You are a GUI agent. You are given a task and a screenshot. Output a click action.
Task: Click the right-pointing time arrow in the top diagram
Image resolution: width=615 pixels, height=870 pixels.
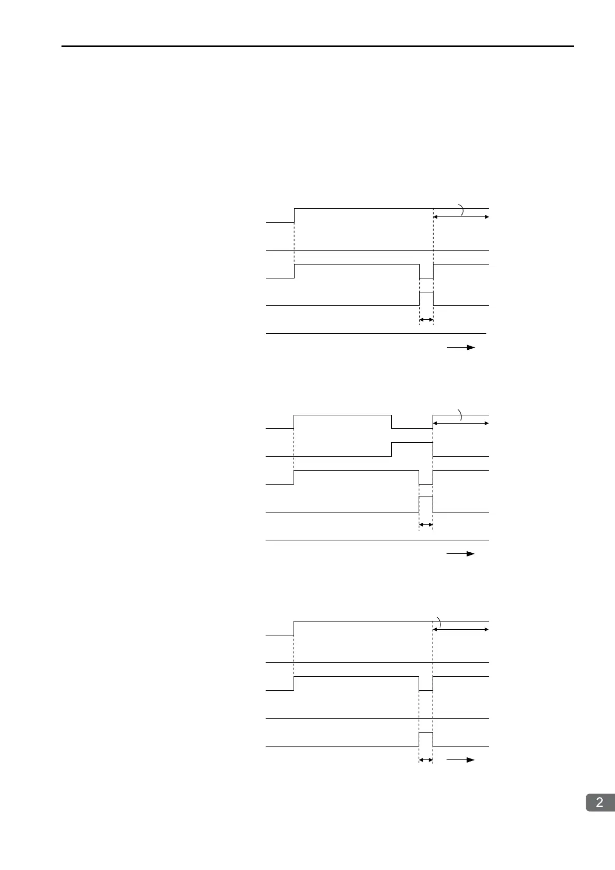pos(461,348)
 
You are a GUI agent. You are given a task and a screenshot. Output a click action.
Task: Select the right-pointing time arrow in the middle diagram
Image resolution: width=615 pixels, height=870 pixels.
pos(461,554)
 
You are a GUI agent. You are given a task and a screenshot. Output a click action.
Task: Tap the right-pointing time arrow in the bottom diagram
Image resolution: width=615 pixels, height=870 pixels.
pos(461,760)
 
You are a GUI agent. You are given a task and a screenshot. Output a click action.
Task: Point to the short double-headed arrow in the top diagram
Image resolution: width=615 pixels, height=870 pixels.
pos(426,320)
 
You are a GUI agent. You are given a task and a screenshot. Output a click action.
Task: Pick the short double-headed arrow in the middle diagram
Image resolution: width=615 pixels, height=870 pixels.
pos(426,525)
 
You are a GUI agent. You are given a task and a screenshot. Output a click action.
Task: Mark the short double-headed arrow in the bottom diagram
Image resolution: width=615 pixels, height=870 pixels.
pos(426,760)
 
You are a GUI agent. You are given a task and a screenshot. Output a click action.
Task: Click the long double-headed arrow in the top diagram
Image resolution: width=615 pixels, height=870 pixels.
pos(461,217)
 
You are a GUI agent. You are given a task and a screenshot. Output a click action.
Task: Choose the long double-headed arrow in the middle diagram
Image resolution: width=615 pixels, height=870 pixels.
pos(461,423)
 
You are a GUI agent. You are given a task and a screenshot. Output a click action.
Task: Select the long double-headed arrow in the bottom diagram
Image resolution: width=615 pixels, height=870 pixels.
pos(461,629)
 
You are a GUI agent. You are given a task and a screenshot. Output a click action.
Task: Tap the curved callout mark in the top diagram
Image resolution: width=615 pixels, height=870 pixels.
pos(462,210)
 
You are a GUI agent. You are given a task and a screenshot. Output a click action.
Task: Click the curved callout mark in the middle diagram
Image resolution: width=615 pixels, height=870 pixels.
pos(460,414)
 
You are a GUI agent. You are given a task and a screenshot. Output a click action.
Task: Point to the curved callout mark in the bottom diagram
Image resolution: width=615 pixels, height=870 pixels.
pos(439,623)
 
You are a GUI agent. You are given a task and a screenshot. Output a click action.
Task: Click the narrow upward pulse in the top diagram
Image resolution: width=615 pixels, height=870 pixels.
pos(426,298)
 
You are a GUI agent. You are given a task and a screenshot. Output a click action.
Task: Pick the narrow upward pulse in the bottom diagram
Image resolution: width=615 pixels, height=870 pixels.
pos(426,739)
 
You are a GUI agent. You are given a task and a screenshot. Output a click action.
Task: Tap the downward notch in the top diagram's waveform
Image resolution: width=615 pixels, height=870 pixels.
pos(426,272)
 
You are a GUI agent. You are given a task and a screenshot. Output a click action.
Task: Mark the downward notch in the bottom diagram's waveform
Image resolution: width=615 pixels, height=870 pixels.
pos(426,684)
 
